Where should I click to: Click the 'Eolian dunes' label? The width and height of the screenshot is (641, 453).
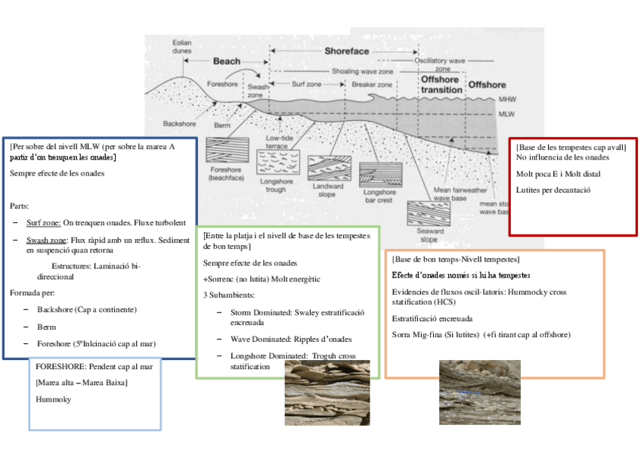[x=181, y=47]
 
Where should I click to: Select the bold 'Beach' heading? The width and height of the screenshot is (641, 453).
[x=226, y=61]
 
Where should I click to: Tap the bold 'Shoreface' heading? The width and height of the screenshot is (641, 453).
[x=347, y=51]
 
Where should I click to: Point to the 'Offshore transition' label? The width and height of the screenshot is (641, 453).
[x=441, y=85]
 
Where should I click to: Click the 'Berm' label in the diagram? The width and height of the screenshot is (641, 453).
[x=222, y=123]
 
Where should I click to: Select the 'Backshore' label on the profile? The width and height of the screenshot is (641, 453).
[x=180, y=123]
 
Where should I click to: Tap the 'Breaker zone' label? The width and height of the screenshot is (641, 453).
[x=372, y=85]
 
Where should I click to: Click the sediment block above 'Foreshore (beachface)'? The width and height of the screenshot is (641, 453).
[x=226, y=150]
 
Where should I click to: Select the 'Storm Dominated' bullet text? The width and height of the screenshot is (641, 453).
[x=260, y=312]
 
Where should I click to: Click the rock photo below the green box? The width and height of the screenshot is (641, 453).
[x=327, y=392]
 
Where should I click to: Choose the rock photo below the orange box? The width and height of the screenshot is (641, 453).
[x=479, y=392]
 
